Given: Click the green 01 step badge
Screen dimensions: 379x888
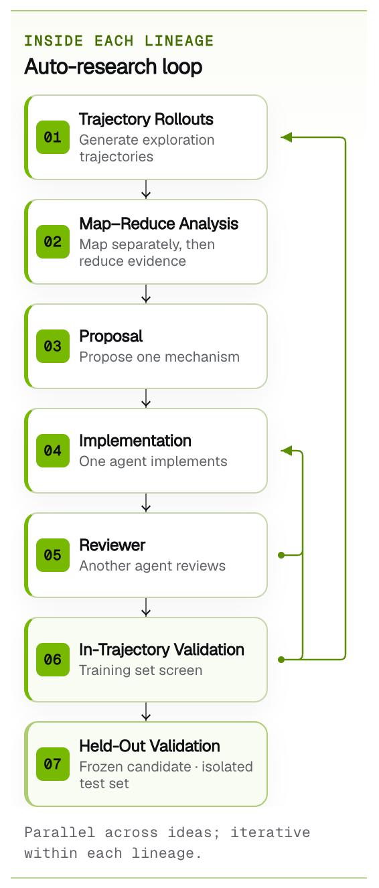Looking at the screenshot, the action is pyautogui.click(x=53, y=137).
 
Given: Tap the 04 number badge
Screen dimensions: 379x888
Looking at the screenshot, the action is pyautogui.click(x=53, y=450).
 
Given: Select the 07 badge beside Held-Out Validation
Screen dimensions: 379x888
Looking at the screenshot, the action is pyautogui.click(x=53, y=764).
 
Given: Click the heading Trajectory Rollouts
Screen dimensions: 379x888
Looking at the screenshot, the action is pyautogui.click(x=146, y=119).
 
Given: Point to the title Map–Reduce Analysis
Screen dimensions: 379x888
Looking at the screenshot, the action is pyautogui.click(x=159, y=224).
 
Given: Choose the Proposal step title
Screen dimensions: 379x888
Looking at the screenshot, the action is pyautogui.click(x=110, y=336).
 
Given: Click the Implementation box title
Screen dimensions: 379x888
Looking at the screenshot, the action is pyautogui.click(x=135, y=441).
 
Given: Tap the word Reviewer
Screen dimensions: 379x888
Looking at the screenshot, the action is pyautogui.click(x=112, y=545).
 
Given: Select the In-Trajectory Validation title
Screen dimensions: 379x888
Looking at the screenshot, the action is pyautogui.click(x=162, y=650).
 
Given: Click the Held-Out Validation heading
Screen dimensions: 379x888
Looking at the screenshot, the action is pyautogui.click(x=149, y=746).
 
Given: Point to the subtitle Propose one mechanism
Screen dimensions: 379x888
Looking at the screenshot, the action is pyautogui.click(x=159, y=357).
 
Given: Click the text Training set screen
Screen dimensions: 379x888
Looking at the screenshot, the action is pyautogui.click(x=141, y=670).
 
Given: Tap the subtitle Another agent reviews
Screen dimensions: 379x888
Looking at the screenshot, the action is pyautogui.click(x=152, y=566).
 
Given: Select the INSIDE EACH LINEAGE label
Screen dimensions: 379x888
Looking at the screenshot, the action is pyautogui.click(x=119, y=41).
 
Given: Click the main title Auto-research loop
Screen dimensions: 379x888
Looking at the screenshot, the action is pyautogui.click(x=113, y=66).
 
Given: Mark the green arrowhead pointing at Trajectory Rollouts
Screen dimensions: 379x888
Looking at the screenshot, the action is pyautogui.click(x=286, y=137).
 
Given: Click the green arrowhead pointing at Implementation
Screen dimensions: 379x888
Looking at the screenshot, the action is pyautogui.click(x=286, y=451).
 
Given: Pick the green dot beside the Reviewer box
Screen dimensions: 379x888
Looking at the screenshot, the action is pyautogui.click(x=281, y=555).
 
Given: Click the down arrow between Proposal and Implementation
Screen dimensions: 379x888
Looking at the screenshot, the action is pyautogui.click(x=146, y=398).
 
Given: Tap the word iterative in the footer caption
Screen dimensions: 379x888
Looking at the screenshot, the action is pyautogui.click(x=270, y=832).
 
